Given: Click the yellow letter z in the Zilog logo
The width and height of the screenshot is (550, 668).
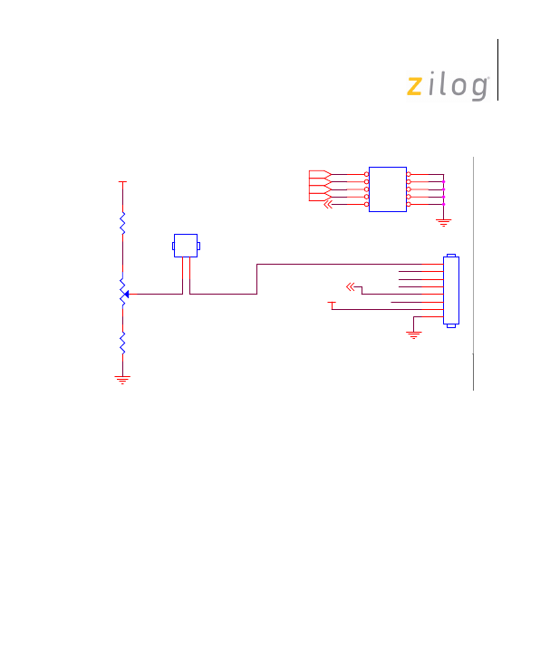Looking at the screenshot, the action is [414, 86].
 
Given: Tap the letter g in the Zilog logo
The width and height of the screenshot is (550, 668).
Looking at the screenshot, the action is [480, 89].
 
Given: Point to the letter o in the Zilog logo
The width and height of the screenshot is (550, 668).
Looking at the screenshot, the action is [459, 86].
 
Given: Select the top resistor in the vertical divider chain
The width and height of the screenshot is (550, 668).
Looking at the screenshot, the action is [122, 223].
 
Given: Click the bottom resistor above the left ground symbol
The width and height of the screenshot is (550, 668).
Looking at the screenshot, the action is [122, 343].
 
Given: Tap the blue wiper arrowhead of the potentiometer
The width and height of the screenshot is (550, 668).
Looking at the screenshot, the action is [127, 294].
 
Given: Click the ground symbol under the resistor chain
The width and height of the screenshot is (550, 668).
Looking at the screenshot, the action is [122, 380].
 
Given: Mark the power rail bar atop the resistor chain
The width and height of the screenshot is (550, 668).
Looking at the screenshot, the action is [122, 182].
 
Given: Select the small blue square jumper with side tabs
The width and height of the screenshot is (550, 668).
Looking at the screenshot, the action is [186, 246].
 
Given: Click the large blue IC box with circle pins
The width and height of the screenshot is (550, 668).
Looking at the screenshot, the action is [388, 189].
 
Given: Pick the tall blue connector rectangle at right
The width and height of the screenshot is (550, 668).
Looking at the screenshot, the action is [451, 291].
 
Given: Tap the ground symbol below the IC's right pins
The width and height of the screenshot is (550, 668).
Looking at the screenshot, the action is [443, 222].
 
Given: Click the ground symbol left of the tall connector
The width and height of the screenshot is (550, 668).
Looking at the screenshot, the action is [414, 334].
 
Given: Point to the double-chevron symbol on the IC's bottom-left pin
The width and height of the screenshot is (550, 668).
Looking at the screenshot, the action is [328, 205].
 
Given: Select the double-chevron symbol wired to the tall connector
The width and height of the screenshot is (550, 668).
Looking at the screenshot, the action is [350, 286].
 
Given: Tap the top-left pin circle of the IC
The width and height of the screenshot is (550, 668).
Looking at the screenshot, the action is [366, 174].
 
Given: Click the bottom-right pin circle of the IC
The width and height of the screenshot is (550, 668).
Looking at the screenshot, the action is [409, 205].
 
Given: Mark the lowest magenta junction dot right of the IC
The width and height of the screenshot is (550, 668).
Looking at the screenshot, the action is [443, 205].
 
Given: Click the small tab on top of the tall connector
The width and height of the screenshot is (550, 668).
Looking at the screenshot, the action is [451, 256].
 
